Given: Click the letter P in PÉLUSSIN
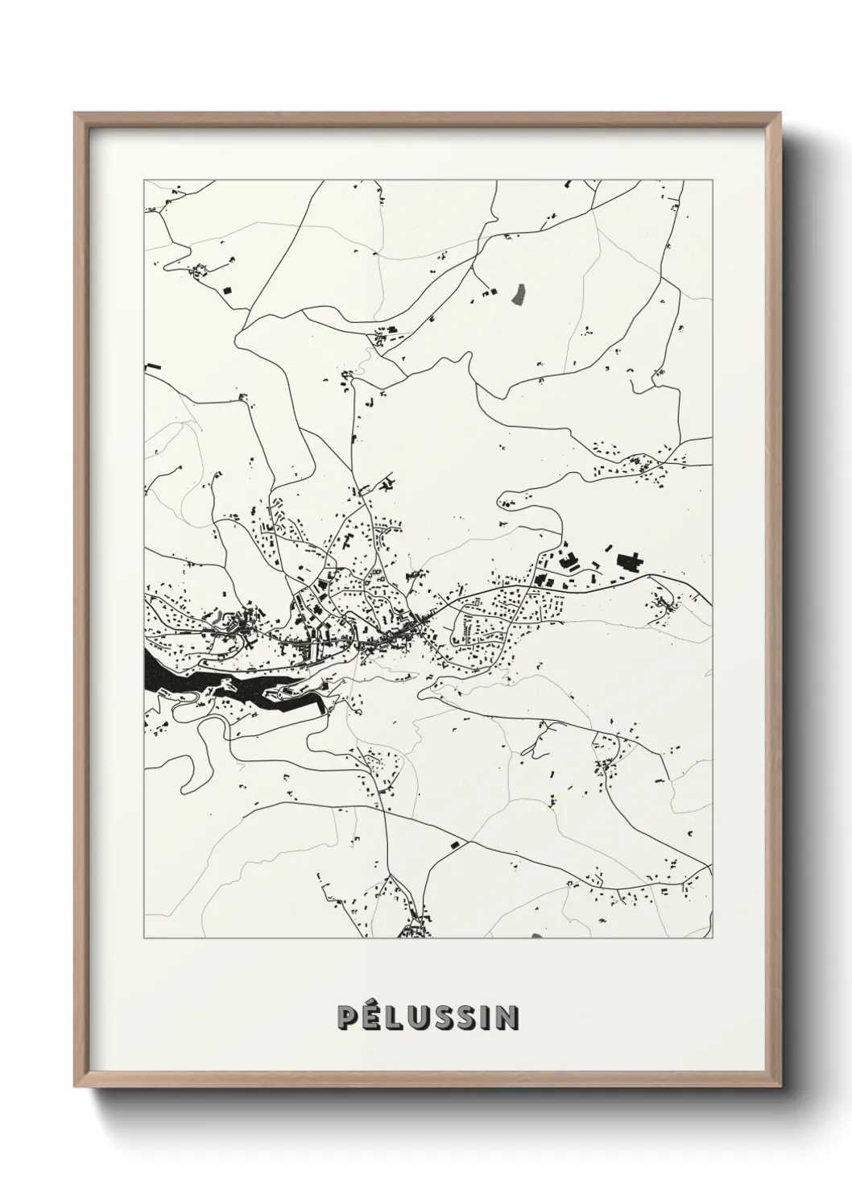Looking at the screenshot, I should click(x=347, y=1018).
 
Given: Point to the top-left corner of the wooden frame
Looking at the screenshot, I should click(x=75, y=114).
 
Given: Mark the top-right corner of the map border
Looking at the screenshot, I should click(x=712, y=180).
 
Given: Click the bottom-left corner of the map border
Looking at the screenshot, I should click(x=144, y=938).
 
